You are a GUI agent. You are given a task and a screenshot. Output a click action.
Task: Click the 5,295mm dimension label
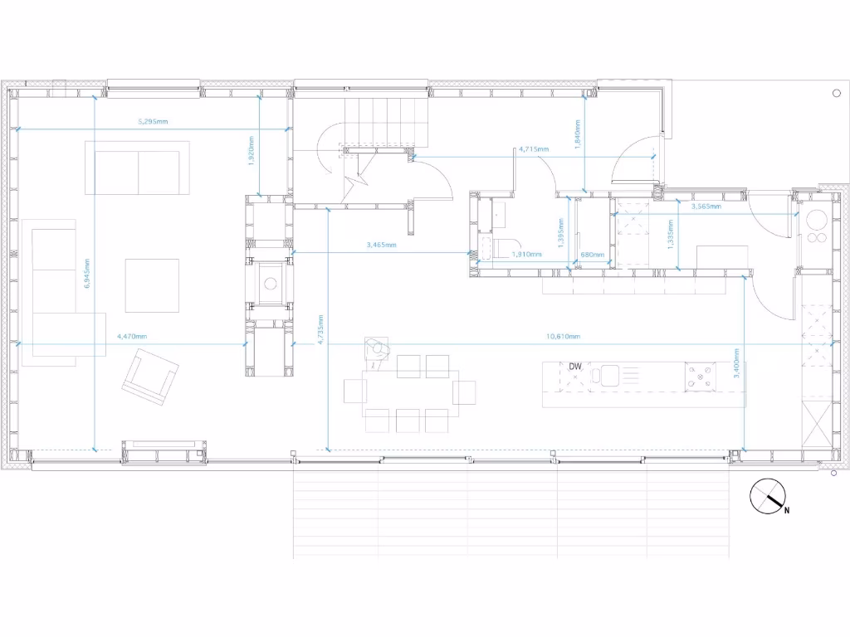[x=153, y=122]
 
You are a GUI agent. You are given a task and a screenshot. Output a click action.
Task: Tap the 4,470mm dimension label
[x=132, y=337]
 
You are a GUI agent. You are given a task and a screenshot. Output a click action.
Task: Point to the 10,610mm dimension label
[x=563, y=337]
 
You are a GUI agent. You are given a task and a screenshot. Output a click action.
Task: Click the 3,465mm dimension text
[x=381, y=246]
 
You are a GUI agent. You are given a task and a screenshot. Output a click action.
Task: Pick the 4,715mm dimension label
[x=534, y=150]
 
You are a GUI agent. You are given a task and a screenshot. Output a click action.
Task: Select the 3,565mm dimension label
[x=706, y=207]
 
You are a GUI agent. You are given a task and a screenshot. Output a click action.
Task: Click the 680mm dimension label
[x=592, y=255]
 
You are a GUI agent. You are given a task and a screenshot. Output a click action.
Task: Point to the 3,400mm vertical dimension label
[x=736, y=363]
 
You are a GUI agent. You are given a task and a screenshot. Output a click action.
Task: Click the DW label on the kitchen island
[x=575, y=367]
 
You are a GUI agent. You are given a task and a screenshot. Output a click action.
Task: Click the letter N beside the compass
[x=786, y=511]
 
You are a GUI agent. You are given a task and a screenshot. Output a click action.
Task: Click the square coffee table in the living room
[x=153, y=285]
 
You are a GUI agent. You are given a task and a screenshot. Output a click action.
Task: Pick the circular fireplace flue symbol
[x=270, y=283]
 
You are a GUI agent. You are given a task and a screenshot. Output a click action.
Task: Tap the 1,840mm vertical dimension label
[x=578, y=134]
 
